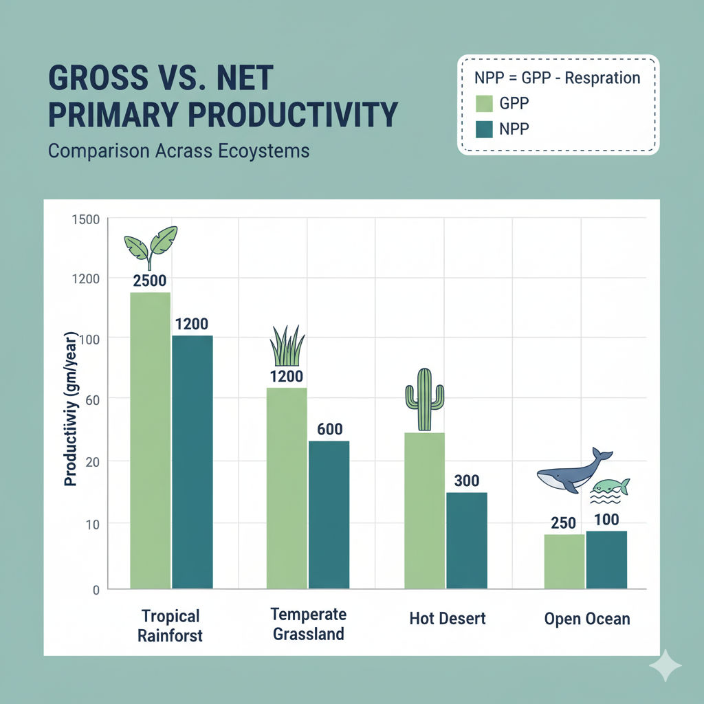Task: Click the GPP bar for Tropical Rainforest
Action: coord(150,440)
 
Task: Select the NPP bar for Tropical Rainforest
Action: coord(192,461)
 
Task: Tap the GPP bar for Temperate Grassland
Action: coord(287,488)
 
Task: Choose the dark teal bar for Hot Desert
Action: coord(466,540)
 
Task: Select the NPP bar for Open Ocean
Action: coord(606,560)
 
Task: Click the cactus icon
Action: coord(424,399)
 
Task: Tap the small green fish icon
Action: coord(611,487)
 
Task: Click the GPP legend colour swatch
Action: coord(484,103)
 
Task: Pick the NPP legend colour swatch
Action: coord(484,128)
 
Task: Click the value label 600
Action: coord(329,429)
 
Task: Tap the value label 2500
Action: coord(150,280)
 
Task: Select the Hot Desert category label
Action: coord(448,618)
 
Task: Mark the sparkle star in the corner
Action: coord(665,665)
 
